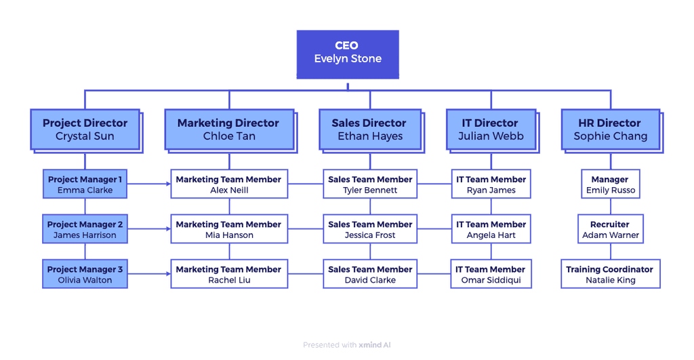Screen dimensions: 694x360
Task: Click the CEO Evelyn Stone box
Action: tap(348, 52)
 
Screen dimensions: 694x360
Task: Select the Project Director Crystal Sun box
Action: tap(85, 129)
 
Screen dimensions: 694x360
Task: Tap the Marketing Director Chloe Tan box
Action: tap(228, 129)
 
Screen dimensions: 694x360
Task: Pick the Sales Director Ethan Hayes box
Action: tap(369, 129)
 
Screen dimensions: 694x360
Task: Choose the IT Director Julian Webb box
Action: tap(491, 129)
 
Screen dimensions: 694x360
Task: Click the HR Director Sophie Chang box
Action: tap(610, 129)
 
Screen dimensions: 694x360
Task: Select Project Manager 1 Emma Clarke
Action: tap(85, 184)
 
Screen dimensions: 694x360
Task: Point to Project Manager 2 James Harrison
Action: tap(85, 229)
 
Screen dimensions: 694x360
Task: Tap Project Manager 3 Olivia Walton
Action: tap(85, 274)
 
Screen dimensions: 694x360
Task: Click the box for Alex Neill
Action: tap(228, 184)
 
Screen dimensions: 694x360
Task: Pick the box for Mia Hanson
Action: tap(228, 229)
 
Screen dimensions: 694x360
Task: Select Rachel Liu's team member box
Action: tap(228, 274)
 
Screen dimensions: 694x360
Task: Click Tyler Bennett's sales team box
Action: tap(370, 184)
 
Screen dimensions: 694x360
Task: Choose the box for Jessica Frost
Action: tap(370, 229)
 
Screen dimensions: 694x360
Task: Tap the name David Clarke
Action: tap(370, 280)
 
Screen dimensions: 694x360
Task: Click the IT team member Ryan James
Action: tap(491, 184)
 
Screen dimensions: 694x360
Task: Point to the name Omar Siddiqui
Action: tap(491, 280)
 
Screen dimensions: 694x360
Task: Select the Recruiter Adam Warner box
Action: tap(610, 229)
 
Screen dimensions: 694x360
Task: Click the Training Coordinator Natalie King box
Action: tap(610, 274)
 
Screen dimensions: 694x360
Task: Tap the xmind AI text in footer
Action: tap(375, 345)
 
